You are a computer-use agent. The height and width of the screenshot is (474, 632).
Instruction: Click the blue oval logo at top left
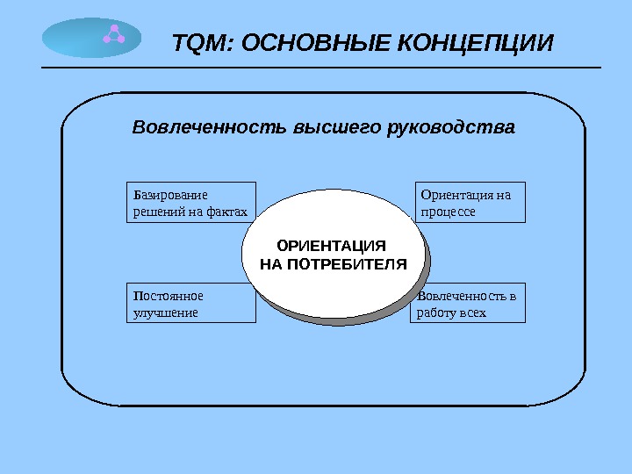pos(91,37)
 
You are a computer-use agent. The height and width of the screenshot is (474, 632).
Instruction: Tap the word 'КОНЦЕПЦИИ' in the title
pos(478,42)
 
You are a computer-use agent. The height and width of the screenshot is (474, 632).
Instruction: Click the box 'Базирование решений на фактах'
pos(190,202)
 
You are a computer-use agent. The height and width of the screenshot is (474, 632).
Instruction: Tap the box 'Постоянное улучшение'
pos(190,303)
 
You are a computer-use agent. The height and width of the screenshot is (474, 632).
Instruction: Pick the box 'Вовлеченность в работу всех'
pos(467,303)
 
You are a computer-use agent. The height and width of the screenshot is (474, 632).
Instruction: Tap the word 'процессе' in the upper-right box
pos(449,212)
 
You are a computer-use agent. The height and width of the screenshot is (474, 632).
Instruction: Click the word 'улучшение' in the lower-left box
pos(165,312)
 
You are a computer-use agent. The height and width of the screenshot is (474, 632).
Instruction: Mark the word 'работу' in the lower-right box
pos(440,312)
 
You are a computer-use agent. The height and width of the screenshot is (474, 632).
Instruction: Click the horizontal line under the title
pos(321,68)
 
